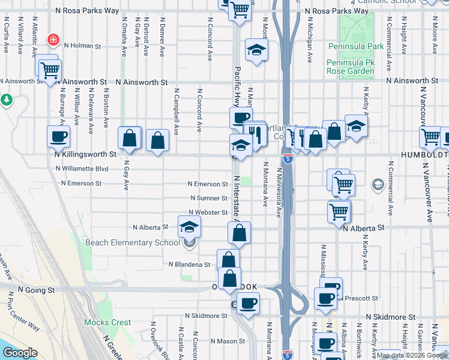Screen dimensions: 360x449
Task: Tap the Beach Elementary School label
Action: [133, 242]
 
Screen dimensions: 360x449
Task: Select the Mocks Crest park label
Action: [107, 322]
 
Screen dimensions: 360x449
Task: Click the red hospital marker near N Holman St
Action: [53, 40]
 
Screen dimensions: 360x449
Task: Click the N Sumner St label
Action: [208, 198]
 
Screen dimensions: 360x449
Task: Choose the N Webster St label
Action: [208, 212]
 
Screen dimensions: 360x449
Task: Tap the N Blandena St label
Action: [190, 264]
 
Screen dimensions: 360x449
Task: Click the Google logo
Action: [20, 353]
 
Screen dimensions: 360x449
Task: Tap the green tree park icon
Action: [7, 99]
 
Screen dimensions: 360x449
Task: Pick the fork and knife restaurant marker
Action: [256, 135]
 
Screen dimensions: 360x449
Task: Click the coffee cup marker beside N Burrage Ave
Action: [59, 136]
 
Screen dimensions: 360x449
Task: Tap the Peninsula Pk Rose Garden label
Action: [351, 67]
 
